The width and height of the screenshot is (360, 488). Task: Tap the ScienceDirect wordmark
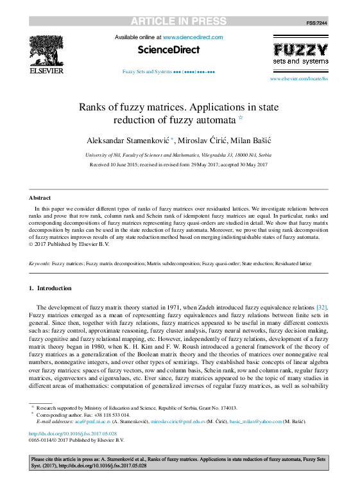click(x=169, y=49)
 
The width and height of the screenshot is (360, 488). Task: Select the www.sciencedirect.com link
click(x=193, y=38)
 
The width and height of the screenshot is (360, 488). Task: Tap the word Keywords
click(x=40, y=264)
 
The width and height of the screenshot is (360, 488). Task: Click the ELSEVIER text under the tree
click(x=47, y=71)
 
